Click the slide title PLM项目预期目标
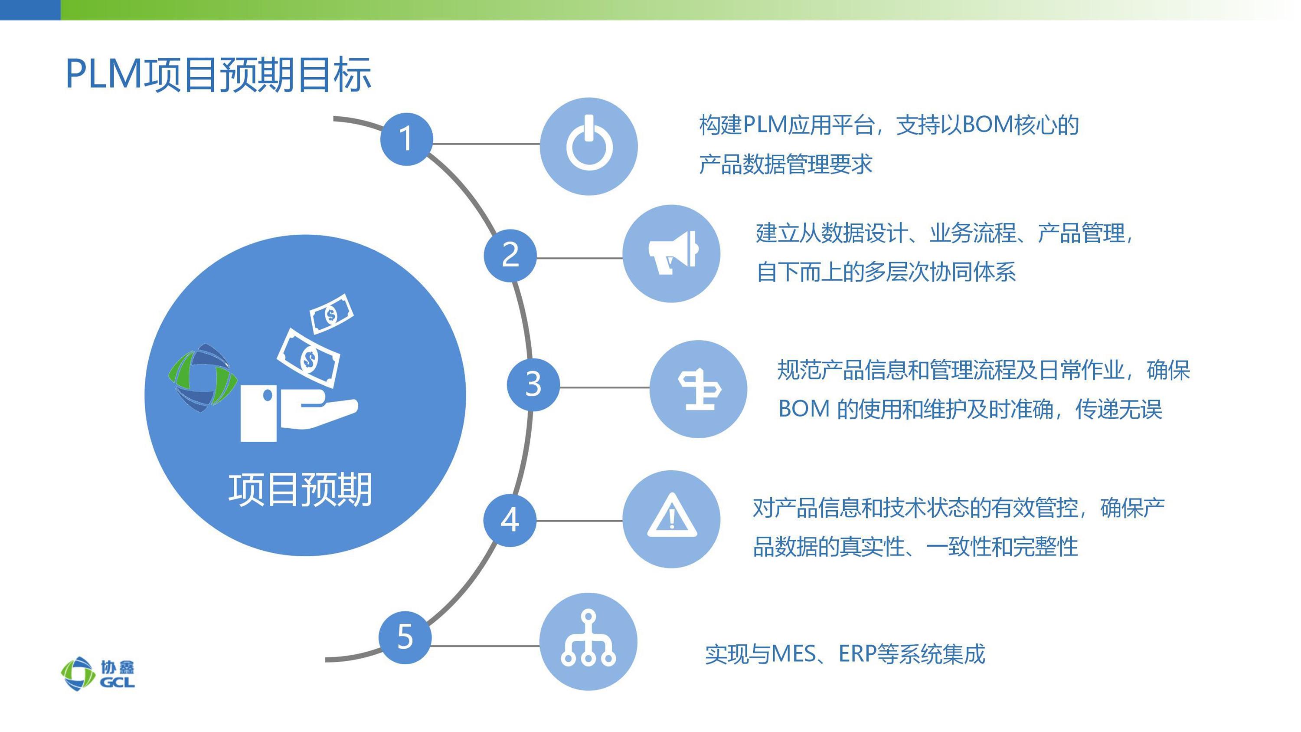pos(219,75)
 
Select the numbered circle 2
pos(510,255)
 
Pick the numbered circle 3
pos(533,384)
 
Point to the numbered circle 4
pos(510,520)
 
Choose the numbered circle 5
pos(405,637)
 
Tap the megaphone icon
pos(673,253)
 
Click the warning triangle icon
pos(672,515)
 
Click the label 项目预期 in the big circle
pos(301,489)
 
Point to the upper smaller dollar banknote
pos(331,314)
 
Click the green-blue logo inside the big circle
pos(203,378)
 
